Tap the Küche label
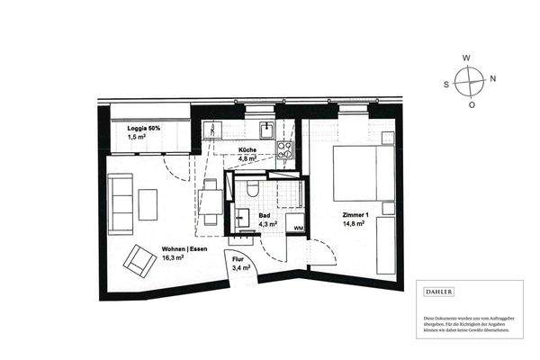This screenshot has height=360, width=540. (x=247, y=150)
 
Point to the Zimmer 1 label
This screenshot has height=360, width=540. (x=355, y=216)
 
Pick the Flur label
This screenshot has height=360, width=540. (x=239, y=259)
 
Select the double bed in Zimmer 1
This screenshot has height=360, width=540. (x=364, y=174)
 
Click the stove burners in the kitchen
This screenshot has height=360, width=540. (x=285, y=149)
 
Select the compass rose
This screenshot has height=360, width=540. (x=469, y=81)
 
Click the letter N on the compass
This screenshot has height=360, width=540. (x=493, y=77)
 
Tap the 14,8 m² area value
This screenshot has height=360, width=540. (x=355, y=224)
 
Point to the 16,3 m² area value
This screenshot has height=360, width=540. (x=173, y=257)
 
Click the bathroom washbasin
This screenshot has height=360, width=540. (x=243, y=216)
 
